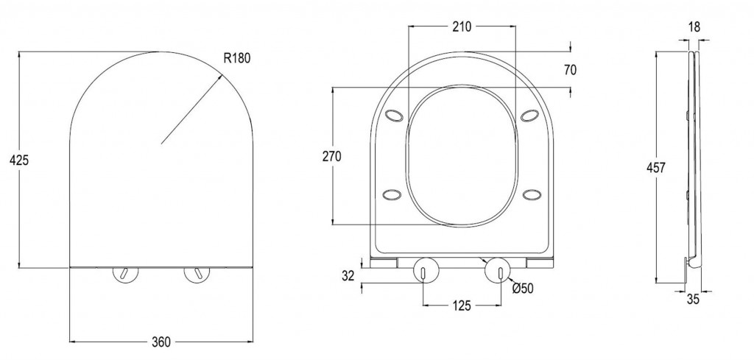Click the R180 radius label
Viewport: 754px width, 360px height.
237,58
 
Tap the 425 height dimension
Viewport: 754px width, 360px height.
19,160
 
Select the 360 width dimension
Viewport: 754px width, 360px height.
161,342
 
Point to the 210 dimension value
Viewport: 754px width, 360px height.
462,27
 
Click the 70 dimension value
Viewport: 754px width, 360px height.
570,70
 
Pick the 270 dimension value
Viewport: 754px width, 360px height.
332,156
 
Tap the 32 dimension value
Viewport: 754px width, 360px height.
348,275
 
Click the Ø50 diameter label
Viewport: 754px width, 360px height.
524,288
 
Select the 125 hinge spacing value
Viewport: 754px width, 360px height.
461,306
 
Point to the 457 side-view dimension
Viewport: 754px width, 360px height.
656,168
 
